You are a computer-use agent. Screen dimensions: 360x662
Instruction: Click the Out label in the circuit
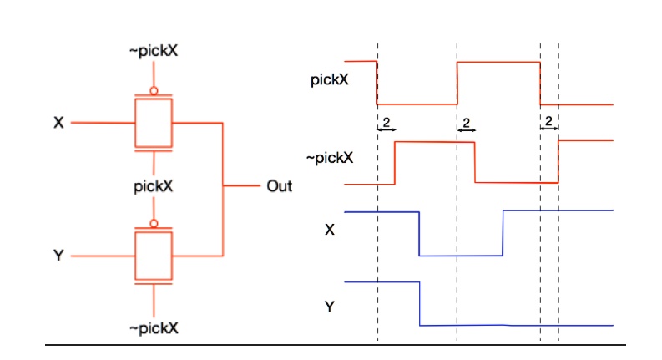pyautogui.click(x=279, y=185)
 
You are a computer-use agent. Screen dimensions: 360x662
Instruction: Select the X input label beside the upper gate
pyautogui.click(x=58, y=123)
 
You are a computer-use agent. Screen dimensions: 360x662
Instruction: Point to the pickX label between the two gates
pyautogui.click(x=154, y=185)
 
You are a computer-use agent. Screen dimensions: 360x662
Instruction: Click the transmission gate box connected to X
pyautogui.click(x=154, y=123)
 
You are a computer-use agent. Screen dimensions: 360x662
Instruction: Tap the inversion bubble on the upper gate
pyautogui.click(x=154, y=90)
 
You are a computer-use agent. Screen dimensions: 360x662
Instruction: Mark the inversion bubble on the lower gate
pyautogui.click(x=154, y=223)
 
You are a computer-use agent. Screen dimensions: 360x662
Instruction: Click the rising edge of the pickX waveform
pyautogui.click(x=457, y=83)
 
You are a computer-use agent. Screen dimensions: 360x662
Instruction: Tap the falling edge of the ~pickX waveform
pyautogui.click(x=475, y=162)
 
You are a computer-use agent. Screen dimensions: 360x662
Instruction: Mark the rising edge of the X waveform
pyautogui.click(x=503, y=233)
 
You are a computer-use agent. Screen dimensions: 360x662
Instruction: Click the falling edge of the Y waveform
pyautogui.click(x=419, y=302)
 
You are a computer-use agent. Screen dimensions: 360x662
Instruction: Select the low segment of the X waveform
pyautogui.click(x=461, y=255)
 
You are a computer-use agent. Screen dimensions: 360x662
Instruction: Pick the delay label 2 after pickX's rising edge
pyautogui.click(x=467, y=123)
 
